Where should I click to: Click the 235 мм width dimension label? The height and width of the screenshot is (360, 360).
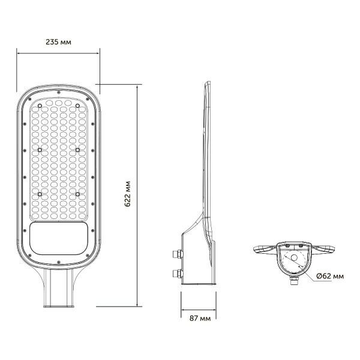click(x=58, y=43)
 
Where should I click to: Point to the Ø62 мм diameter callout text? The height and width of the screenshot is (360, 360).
click(x=329, y=276)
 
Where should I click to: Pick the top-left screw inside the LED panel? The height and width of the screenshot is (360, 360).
click(x=40, y=107)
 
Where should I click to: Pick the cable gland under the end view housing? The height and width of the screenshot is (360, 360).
click(x=294, y=279)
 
